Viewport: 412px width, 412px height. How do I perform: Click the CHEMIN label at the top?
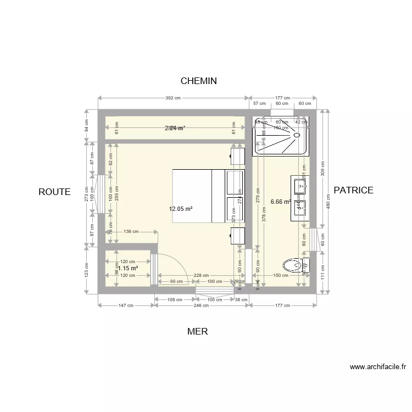(199, 81)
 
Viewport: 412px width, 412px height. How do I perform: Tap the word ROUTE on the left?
(54, 192)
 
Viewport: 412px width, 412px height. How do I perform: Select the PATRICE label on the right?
(353, 190)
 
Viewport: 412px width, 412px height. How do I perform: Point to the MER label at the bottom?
(197, 331)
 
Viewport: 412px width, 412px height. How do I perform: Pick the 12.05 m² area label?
(181, 209)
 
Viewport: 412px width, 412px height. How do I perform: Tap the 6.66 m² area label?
(281, 202)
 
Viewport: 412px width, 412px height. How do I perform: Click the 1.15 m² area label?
(127, 268)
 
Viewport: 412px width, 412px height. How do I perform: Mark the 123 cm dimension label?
(86, 269)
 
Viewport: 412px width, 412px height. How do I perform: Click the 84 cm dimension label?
(86, 126)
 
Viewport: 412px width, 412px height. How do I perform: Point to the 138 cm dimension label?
(131, 232)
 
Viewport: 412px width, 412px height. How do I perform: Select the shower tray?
(280, 135)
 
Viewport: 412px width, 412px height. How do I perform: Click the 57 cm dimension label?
(259, 103)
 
